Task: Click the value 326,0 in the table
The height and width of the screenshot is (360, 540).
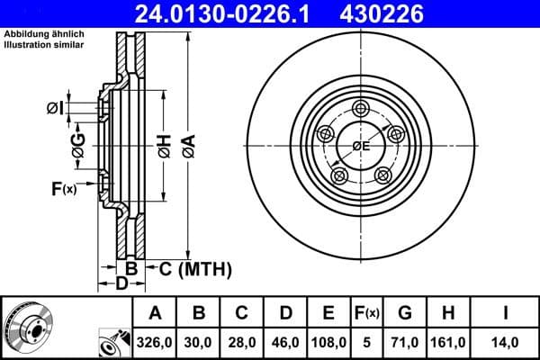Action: pos(156,342)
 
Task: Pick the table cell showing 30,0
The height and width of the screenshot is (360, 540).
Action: pos(199,342)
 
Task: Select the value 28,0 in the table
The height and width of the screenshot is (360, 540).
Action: pos(241,342)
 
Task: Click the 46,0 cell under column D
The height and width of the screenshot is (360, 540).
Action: pos(284,342)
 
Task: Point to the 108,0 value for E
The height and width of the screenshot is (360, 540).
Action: pos(329,342)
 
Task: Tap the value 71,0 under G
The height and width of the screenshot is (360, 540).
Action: pos(405,342)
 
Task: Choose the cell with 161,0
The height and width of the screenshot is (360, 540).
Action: pos(447,342)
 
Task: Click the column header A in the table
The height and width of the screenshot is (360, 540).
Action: pos(156,313)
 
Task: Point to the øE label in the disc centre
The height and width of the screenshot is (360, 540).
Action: pos(362,146)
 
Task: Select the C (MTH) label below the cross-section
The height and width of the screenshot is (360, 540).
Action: pos(195,268)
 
